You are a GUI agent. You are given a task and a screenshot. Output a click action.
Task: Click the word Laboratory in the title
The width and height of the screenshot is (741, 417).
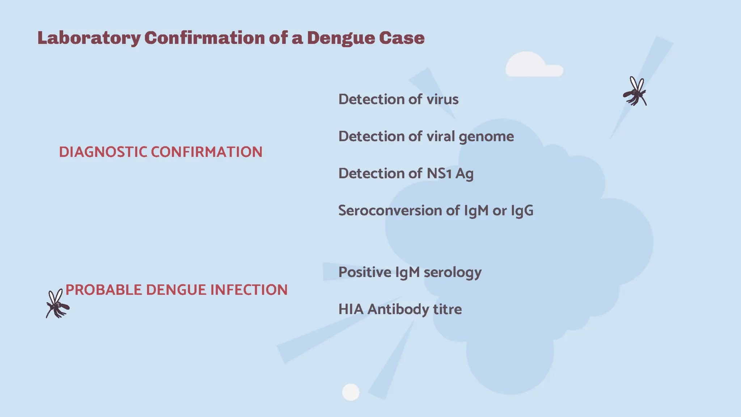(x=89, y=38)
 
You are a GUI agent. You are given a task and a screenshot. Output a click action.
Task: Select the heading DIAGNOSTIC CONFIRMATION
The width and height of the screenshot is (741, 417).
(x=161, y=152)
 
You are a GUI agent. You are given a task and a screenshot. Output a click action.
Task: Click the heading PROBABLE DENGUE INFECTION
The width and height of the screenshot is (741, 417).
(x=177, y=290)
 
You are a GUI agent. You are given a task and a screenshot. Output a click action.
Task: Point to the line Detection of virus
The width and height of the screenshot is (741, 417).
(x=398, y=99)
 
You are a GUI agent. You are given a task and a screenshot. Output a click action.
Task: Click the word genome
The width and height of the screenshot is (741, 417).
(x=486, y=137)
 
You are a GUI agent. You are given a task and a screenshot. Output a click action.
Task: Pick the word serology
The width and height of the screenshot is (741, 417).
(x=452, y=272)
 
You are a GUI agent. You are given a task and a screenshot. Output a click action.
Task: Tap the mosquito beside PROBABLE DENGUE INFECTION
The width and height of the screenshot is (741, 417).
(x=57, y=304)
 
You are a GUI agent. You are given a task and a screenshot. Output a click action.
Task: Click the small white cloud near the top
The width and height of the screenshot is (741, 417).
(x=532, y=65)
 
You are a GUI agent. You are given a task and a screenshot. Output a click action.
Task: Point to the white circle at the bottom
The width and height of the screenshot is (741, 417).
(x=351, y=392)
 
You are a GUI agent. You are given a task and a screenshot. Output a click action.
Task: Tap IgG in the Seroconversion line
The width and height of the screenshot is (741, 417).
(x=522, y=210)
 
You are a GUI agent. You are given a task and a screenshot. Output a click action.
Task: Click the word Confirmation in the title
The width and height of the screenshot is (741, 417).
(x=204, y=38)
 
